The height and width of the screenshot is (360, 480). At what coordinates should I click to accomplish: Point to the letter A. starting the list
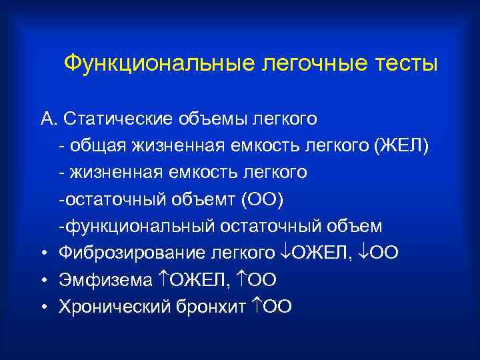[x=48, y=119]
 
